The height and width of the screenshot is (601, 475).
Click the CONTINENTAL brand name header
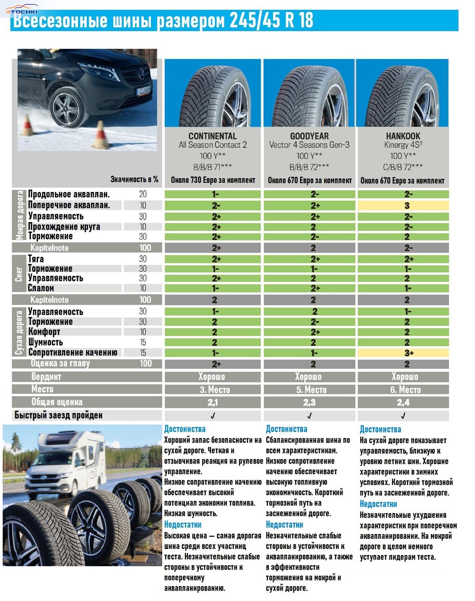click(213, 136)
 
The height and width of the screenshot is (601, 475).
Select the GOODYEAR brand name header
click(309, 136)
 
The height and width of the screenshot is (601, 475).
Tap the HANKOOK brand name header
click(403, 136)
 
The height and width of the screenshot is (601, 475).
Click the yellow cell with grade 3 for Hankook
click(403, 206)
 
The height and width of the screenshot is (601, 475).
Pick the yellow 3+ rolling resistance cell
click(403, 353)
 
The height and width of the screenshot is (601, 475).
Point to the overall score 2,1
click(213, 403)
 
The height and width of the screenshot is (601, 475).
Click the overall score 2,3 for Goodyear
click(309, 403)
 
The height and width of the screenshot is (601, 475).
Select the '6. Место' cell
click(403, 390)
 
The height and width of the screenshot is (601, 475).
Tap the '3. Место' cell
click(213, 390)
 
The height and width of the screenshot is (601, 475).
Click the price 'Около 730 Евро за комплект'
click(213, 180)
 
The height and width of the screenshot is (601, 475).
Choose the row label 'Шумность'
click(46, 342)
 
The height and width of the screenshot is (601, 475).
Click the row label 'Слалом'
click(41, 288)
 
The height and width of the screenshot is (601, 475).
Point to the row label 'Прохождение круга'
click(64, 227)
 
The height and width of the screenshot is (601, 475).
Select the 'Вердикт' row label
click(46, 376)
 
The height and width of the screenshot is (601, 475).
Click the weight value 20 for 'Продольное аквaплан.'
click(143, 194)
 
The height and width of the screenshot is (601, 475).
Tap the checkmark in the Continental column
click(213, 416)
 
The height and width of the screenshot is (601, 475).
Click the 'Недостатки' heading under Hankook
click(378, 504)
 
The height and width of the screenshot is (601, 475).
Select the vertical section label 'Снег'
click(19, 273)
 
